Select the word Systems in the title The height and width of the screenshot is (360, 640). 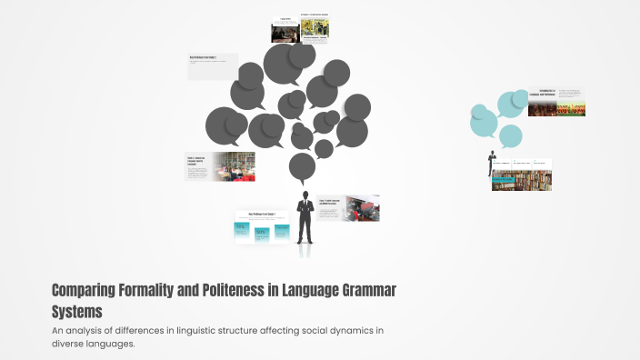77,312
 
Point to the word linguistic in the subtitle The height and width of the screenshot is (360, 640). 211,330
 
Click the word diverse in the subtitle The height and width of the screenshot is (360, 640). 70,344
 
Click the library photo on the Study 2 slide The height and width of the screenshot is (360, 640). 234,166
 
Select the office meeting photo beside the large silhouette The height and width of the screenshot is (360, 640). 363,208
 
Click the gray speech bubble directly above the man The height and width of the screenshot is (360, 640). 302,166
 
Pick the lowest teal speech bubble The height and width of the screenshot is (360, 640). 511,136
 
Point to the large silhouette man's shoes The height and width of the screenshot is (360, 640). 305,242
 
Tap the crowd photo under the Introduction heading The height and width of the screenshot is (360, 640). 544,108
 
